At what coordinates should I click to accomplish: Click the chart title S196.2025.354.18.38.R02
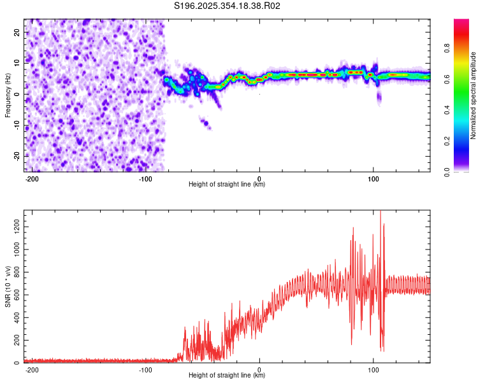[228, 6]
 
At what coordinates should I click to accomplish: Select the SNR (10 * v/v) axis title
[8, 286]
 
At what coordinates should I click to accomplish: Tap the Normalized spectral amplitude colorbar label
[474, 95]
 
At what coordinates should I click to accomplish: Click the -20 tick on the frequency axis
[17, 156]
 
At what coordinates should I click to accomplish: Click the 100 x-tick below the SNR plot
[373, 369]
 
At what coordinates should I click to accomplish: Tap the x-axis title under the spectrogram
[227, 185]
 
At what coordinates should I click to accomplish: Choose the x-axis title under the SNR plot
[227, 376]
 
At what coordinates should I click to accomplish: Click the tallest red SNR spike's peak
[380, 212]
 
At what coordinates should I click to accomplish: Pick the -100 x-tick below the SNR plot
[145, 369]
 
